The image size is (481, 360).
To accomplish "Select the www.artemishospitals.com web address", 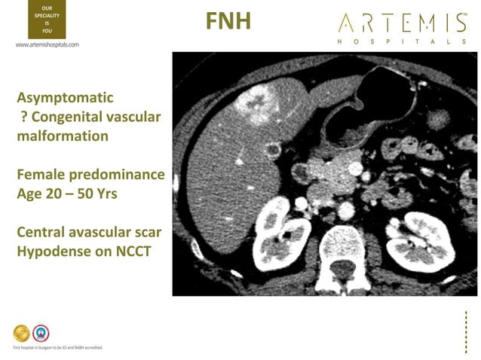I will [47, 45].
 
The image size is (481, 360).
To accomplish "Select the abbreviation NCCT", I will [128, 251].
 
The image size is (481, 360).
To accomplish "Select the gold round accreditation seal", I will [22, 332].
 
